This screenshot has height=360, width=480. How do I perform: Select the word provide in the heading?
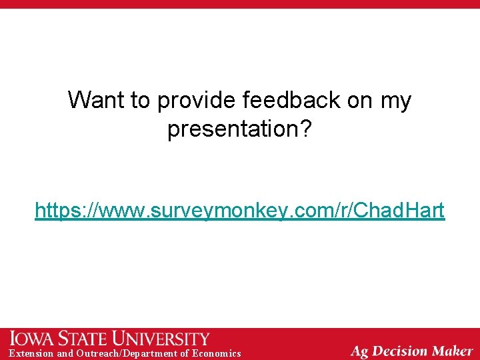pyautogui.click(x=197, y=101)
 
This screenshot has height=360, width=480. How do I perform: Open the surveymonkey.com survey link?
pyautogui.click(x=240, y=211)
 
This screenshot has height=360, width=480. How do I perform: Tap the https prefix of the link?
pyautogui.click(x=56, y=211)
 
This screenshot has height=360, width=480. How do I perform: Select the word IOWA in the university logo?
pyautogui.click(x=33, y=338)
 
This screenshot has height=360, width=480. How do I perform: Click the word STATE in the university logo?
pyautogui.click(x=83, y=338)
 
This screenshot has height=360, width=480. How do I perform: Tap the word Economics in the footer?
pyautogui.click(x=216, y=353)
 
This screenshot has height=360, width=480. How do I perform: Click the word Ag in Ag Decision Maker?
pyautogui.click(x=360, y=351)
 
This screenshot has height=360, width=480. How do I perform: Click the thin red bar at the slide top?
pyautogui.click(x=240, y=4)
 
